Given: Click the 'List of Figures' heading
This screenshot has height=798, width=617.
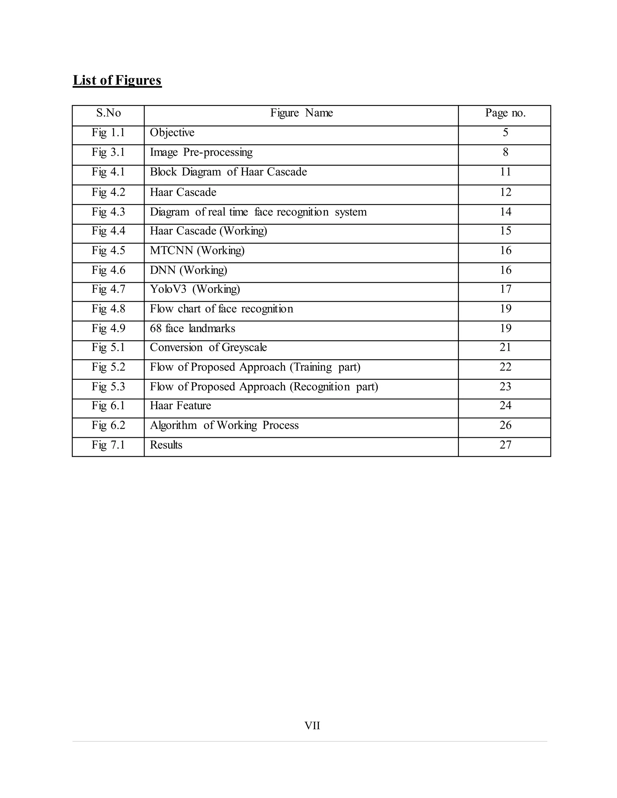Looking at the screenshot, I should (x=117, y=80).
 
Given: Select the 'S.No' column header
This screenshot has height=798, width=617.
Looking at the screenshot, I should (x=108, y=113).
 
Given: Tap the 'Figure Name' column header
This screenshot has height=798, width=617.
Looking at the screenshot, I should (x=301, y=113).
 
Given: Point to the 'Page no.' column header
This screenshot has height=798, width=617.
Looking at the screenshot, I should (x=505, y=113).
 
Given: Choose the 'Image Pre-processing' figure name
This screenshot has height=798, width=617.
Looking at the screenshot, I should (x=201, y=152).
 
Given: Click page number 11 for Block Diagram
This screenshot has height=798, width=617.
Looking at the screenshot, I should (x=505, y=172).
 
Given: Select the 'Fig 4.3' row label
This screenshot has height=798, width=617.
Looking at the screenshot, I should (x=108, y=212).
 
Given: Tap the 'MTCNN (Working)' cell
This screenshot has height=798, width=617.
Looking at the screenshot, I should (x=197, y=251).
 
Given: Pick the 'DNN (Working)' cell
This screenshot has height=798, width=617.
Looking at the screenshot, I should (x=188, y=270).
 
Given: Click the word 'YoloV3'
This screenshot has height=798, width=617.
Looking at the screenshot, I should (x=168, y=289).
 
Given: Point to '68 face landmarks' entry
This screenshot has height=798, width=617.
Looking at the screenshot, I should (x=192, y=329).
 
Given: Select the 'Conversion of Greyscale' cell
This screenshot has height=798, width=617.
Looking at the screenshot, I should (x=208, y=348).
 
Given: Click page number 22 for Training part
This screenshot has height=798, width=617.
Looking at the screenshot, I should (x=505, y=367).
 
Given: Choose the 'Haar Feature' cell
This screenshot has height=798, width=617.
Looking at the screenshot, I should (x=180, y=406).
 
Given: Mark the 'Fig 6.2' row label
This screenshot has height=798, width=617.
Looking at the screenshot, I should (x=108, y=425).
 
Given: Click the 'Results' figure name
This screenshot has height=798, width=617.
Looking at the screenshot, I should (x=166, y=445).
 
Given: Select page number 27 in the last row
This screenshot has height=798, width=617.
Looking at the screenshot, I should (x=505, y=445).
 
